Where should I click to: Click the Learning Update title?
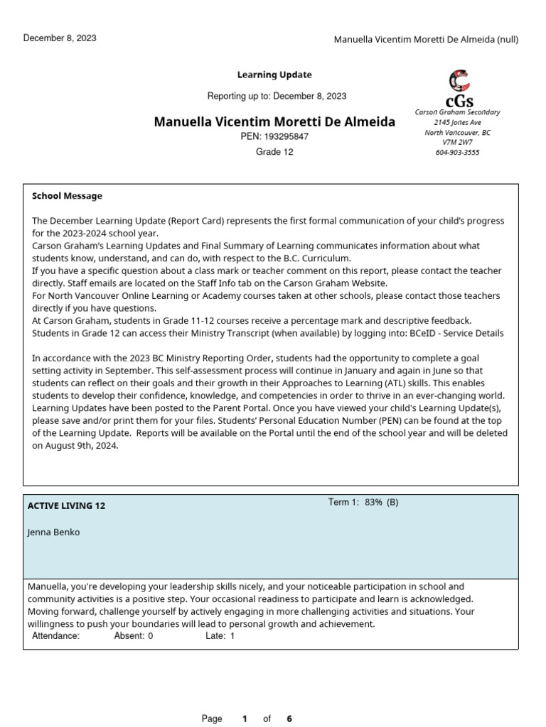[274, 75]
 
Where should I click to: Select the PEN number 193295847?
[287, 136]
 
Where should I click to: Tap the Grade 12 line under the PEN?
[274, 152]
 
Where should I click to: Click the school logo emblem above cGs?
[459, 80]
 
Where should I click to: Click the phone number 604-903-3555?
[457, 152]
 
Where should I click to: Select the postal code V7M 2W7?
[457, 142]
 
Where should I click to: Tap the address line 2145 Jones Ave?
[457, 122]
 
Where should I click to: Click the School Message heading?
[67, 196]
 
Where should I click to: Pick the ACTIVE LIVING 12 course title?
[66, 505]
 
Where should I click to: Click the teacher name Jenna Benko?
[53, 532]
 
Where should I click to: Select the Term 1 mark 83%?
[373, 503]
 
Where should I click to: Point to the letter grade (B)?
[392, 503]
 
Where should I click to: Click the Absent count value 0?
[150, 636]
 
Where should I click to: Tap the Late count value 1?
[232, 636]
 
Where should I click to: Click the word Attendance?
[56, 636]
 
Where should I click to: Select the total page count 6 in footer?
[289, 718]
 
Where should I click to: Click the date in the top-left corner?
[60, 38]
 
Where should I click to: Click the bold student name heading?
[274, 121]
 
